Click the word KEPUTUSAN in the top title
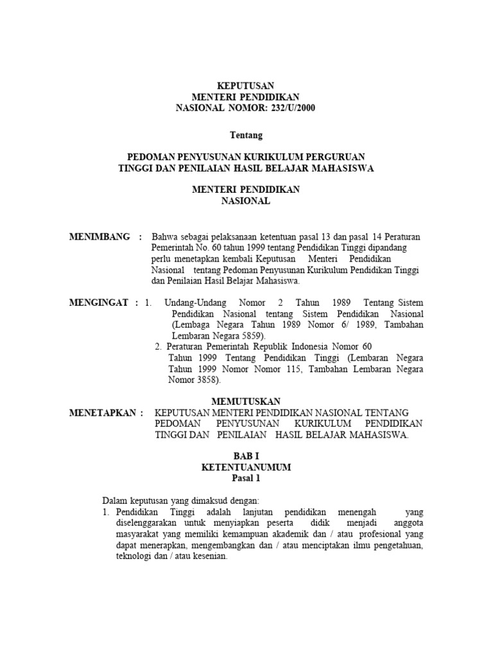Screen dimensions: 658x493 point(246,85)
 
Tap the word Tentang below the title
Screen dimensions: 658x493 point(246,135)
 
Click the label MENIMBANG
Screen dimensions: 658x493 point(99,236)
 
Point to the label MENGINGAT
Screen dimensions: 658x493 point(99,302)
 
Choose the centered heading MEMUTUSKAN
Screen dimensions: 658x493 point(246,401)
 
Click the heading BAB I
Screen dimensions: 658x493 point(246,456)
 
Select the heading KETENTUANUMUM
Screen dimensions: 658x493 point(246,468)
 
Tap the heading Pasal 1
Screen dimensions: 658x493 point(246,479)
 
